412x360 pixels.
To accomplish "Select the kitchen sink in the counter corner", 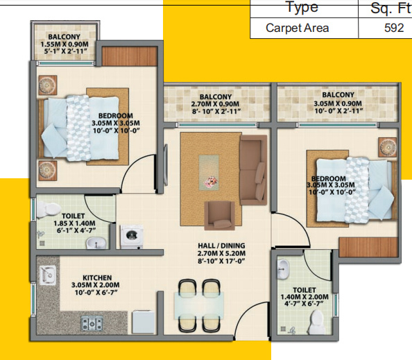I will tap(48, 275).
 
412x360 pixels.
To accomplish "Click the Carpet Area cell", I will tap(298, 28).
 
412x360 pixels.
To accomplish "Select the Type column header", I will tap(302, 8).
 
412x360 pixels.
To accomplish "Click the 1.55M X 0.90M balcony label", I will tap(64, 44).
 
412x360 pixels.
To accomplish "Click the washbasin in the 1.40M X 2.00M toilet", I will tap(282, 268).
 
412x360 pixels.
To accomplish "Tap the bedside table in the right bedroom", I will tap(386, 148).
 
